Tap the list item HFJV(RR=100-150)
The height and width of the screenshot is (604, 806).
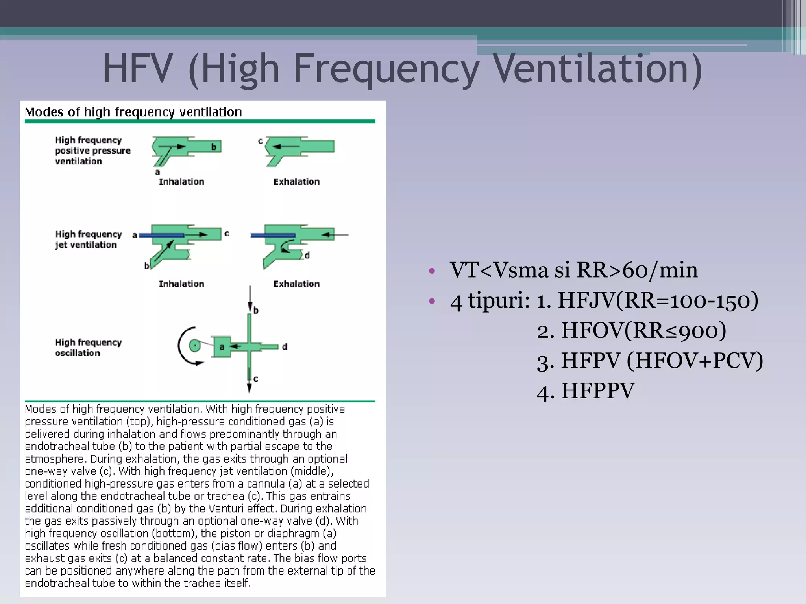(x=658, y=301)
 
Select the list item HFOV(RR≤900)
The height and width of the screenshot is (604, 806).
(x=643, y=331)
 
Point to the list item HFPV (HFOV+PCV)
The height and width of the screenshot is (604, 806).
(x=662, y=361)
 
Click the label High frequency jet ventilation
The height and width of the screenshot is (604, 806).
(x=88, y=239)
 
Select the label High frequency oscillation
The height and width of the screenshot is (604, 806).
(x=88, y=348)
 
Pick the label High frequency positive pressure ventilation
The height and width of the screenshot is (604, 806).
(x=92, y=151)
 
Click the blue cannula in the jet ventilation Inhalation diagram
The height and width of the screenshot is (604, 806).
(x=161, y=235)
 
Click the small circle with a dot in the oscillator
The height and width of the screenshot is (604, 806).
(x=195, y=346)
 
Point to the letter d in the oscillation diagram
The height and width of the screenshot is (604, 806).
(x=285, y=347)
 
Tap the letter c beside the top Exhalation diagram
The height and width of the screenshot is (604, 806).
(x=260, y=141)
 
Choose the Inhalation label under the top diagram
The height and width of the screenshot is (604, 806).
(x=181, y=182)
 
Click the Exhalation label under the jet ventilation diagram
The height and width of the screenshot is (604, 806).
(x=296, y=284)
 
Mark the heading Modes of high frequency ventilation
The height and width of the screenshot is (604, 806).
(x=133, y=112)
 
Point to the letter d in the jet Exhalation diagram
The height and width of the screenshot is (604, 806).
(x=307, y=256)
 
